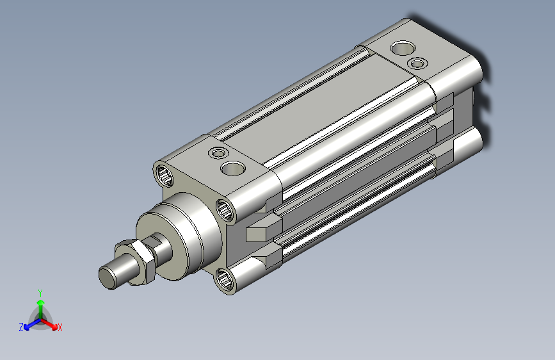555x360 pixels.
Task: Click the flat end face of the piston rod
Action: click(x=108, y=278)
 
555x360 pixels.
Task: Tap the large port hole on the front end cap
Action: click(x=233, y=168)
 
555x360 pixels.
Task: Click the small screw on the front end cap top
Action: click(x=218, y=153)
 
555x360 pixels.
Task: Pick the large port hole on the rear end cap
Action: click(x=403, y=48)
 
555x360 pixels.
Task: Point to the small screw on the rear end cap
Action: click(x=417, y=63)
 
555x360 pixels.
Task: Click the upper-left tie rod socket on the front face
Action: click(x=165, y=175)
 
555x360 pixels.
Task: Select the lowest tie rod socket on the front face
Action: click(x=225, y=280)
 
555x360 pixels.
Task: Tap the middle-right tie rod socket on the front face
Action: click(x=225, y=209)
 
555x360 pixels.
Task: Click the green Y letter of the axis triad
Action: click(x=40, y=293)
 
